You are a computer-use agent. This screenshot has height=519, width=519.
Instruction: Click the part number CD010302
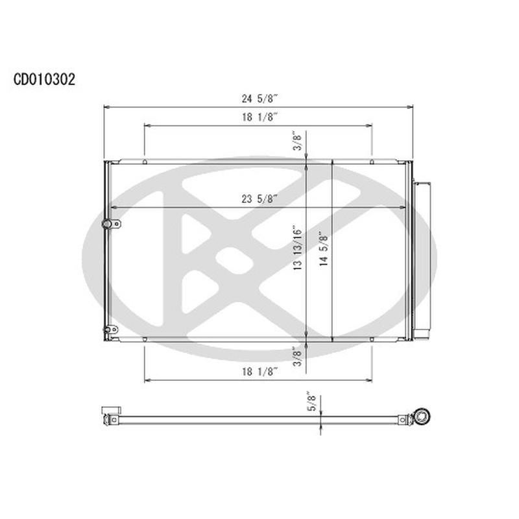click(44, 79)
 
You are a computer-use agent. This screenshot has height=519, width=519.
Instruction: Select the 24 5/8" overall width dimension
click(259, 99)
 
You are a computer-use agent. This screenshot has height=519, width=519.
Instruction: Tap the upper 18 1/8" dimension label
click(259, 117)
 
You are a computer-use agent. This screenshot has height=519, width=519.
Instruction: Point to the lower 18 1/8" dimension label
click(259, 371)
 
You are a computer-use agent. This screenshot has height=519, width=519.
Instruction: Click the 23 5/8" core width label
click(259, 199)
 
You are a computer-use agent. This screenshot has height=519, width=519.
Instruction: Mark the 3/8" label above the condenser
click(297, 141)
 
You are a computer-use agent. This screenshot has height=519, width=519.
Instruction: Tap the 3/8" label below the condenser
click(297, 356)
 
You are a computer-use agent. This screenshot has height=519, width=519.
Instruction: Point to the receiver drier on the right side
click(423, 259)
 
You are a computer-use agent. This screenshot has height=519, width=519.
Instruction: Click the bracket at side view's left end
click(110, 415)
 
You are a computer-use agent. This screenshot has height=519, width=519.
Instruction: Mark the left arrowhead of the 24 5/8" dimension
click(106, 107)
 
